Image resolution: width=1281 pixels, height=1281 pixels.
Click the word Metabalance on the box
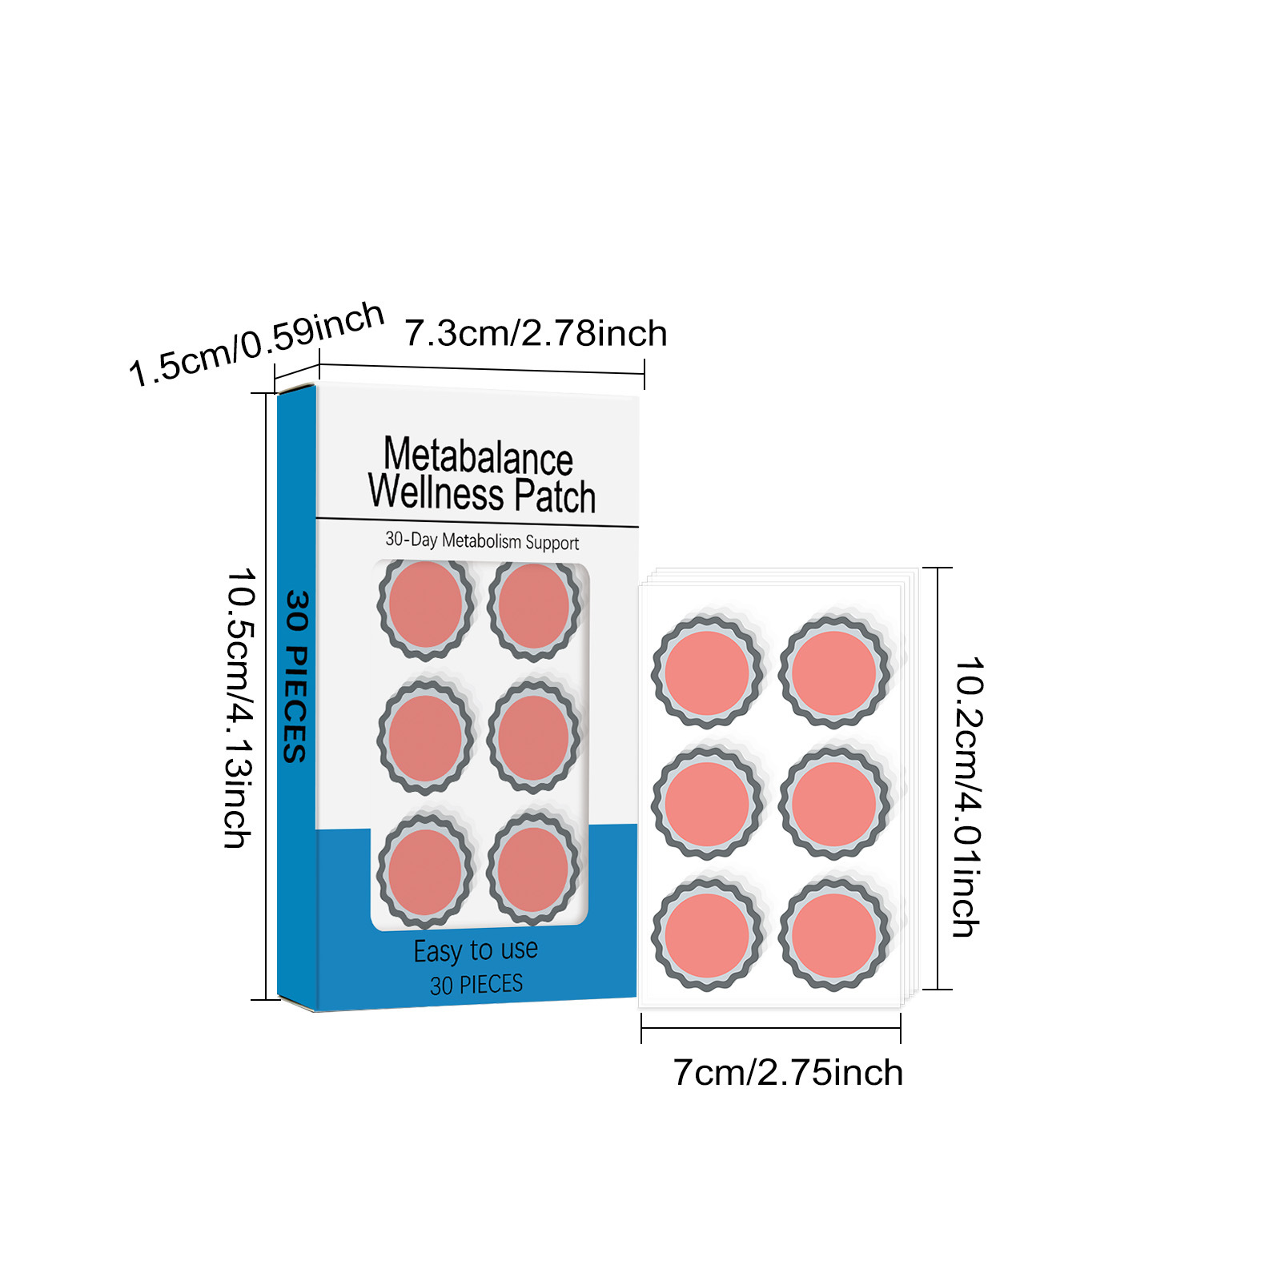(478, 456)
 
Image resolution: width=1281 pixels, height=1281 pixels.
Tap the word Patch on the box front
(554, 496)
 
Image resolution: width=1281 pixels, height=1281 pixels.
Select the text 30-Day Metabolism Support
(482, 541)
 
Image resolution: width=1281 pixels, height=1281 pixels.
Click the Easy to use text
(476, 950)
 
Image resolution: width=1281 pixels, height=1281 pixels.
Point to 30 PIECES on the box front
(476, 984)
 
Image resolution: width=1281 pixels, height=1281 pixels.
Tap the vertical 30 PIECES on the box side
(295, 677)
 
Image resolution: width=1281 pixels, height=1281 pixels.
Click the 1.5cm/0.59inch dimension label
(256, 343)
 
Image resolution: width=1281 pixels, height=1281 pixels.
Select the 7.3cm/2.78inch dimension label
(535, 333)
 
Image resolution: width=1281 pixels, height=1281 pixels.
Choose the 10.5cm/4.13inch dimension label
(239, 708)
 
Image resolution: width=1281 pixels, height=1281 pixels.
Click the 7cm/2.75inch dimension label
(788, 1073)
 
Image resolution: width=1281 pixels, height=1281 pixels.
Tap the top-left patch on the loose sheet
(706, 673)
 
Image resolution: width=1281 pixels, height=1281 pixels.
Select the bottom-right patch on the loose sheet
(833, 935)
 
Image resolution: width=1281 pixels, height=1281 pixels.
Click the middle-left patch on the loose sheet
(706, 804)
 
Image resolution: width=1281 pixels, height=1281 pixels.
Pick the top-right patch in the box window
(534, 606)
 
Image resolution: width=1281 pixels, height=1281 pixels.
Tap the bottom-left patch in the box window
(424, 870)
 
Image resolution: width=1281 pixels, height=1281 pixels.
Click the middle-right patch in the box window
(534, 737)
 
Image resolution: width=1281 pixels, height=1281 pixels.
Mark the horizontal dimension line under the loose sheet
(770, 1028)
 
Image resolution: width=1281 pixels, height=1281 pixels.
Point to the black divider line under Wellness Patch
(477, 523)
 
